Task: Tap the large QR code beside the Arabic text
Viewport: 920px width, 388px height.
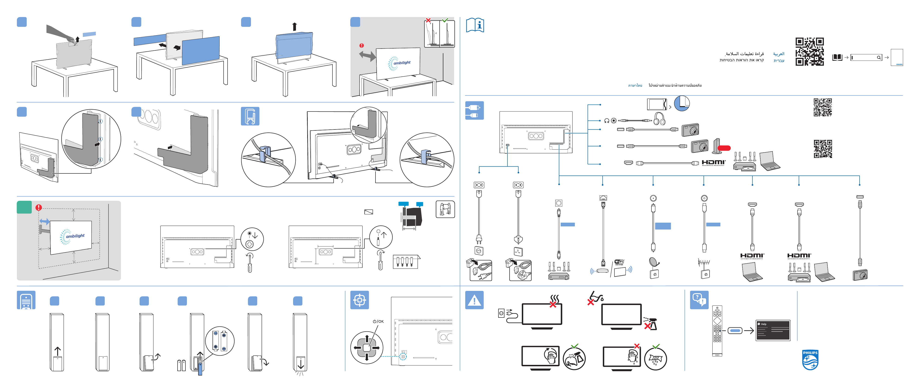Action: click(x=809, y=52)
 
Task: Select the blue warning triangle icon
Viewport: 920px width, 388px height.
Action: click(x=474, y=300)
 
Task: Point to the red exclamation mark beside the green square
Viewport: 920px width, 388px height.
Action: click(x=39, y=207)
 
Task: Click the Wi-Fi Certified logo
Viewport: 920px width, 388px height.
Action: click(x=619, y=262)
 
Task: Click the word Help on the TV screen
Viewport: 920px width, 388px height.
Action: click(x=763, y=324)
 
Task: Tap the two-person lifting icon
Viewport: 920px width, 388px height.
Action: click(x=445, y=209)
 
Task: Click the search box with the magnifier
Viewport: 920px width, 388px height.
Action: click(x=866, y=57)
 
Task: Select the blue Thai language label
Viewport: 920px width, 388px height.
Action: click(x=635, y=86)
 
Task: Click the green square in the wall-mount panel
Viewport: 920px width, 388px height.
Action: click(x=24, y=207)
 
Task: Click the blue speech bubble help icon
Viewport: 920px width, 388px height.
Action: click(x=699, y=300)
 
